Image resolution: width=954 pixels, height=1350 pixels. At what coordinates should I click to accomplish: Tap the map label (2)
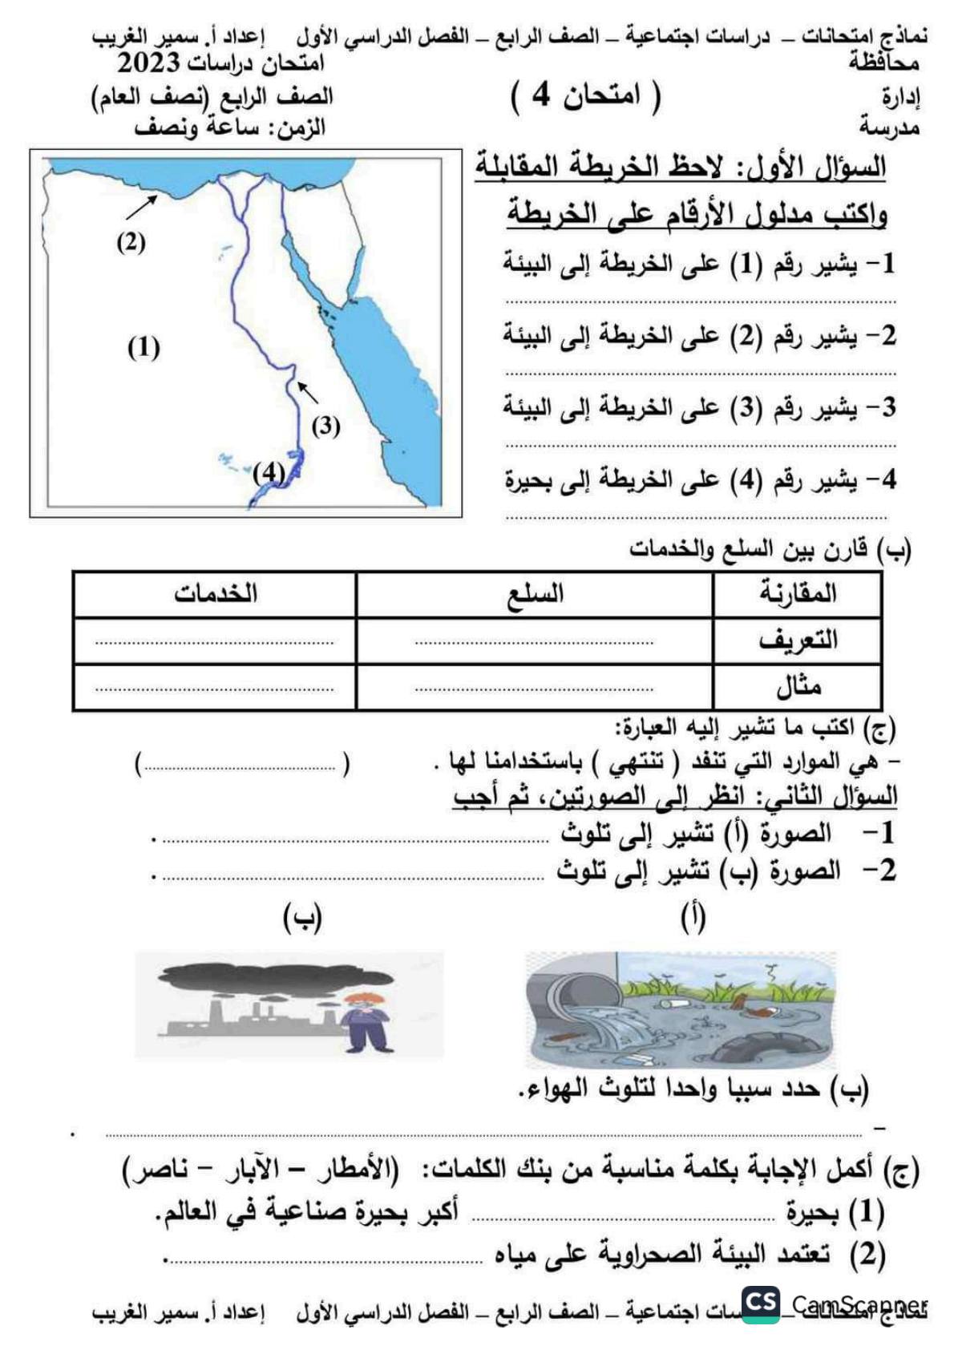click(x=131, y=241)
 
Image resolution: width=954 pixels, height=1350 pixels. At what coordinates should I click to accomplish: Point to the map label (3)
click(x=325, y=426)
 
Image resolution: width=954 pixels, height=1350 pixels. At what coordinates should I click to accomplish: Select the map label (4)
click(x=269, y=473)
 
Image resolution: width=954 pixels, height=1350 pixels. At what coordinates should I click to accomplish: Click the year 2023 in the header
click(x=151, y=63)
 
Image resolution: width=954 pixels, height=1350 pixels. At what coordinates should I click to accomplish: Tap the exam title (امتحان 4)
click(x=585, y=95)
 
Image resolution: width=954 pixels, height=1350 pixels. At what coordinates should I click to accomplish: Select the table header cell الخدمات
click(x=215, y=593)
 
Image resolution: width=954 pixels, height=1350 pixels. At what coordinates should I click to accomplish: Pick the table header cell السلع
click(x=536, y=594)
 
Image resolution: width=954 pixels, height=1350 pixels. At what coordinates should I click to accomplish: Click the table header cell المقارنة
click(x=797, y=593)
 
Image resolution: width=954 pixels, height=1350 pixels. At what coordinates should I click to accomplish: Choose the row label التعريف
click(x=797, y=640)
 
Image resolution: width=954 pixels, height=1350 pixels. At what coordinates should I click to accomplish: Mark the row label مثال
click(x=798, y=686)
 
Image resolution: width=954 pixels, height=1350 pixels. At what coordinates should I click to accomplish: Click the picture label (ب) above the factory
click(x=302, y=918)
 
